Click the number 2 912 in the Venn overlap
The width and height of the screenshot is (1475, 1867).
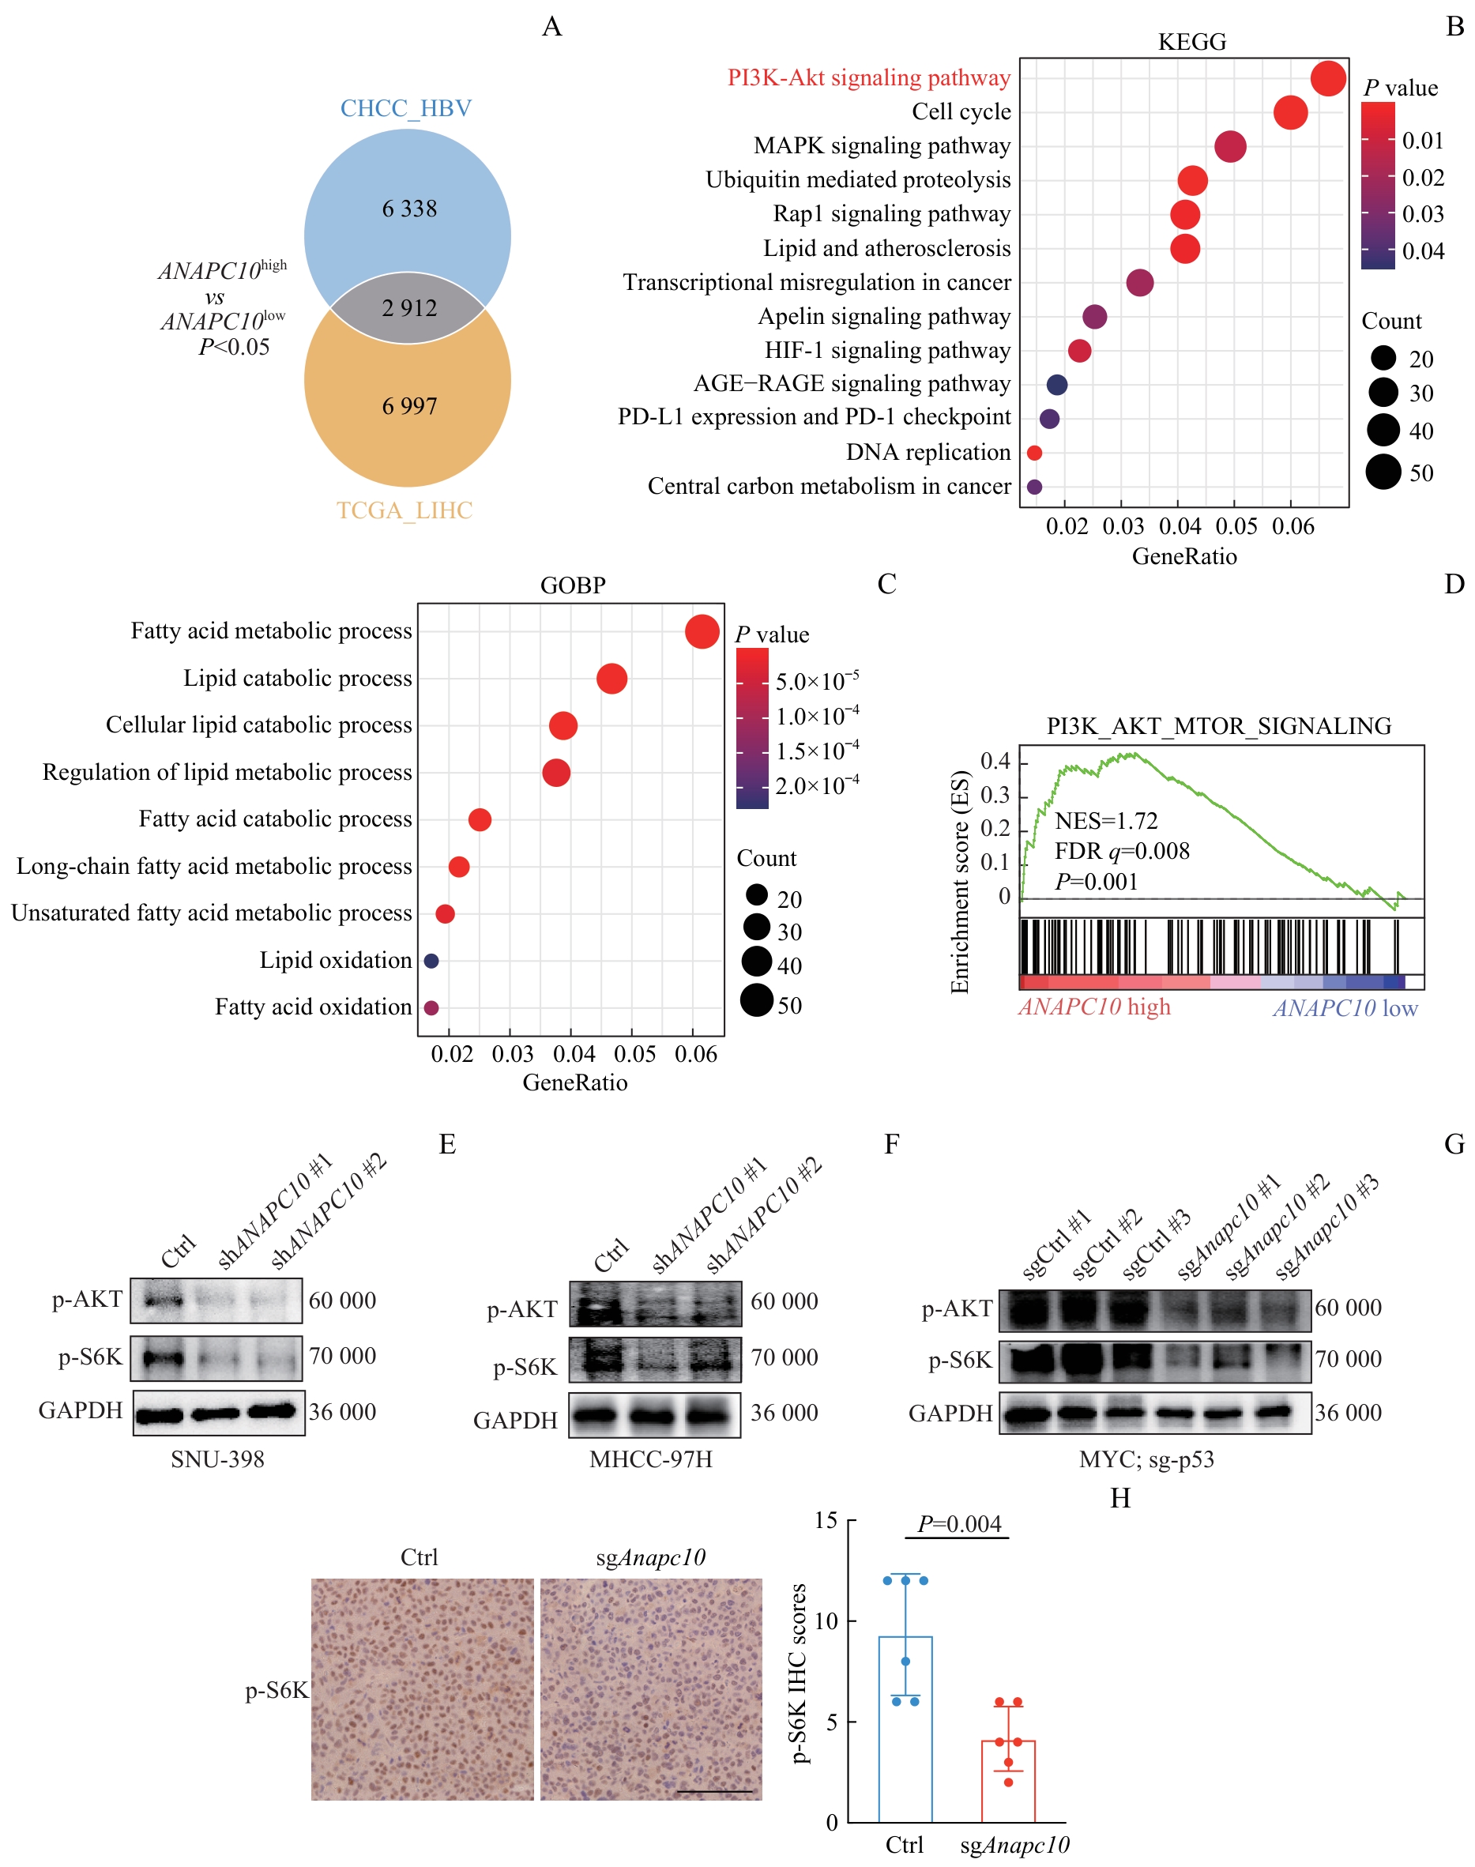click(409, 308)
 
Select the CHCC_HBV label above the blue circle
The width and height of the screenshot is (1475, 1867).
click(406, 109)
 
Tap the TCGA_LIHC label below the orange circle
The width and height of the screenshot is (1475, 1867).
click(404, 510)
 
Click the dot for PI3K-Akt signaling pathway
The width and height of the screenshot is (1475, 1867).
click(1327, 78)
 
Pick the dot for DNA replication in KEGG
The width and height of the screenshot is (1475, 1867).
click(1033, 453)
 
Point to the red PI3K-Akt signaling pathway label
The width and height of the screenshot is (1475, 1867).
click(868, 77)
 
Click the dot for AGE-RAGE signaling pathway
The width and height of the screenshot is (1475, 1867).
click(1056, 384)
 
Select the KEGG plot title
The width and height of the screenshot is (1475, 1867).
click(1191, 41)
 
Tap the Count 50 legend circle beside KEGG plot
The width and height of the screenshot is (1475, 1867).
click(1383, 472)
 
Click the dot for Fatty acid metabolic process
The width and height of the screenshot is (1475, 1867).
click(702, 631)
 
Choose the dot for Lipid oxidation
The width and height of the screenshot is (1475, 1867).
click(431, 960)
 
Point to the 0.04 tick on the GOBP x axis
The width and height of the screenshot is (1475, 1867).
click(574, 1055)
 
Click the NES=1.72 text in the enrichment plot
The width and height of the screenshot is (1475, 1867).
click(1105, 820)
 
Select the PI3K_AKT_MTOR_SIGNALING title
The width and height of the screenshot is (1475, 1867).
click(1218, 726)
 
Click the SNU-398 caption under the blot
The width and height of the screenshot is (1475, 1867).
click(217, 1459)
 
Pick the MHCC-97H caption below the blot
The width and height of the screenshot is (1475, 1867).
click(650, 1459)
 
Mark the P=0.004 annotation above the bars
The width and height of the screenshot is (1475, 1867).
click(958, 1524)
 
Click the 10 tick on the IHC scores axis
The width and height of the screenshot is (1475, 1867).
click(826, 1621)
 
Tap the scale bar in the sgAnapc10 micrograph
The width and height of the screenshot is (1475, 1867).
click(714, 1791)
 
